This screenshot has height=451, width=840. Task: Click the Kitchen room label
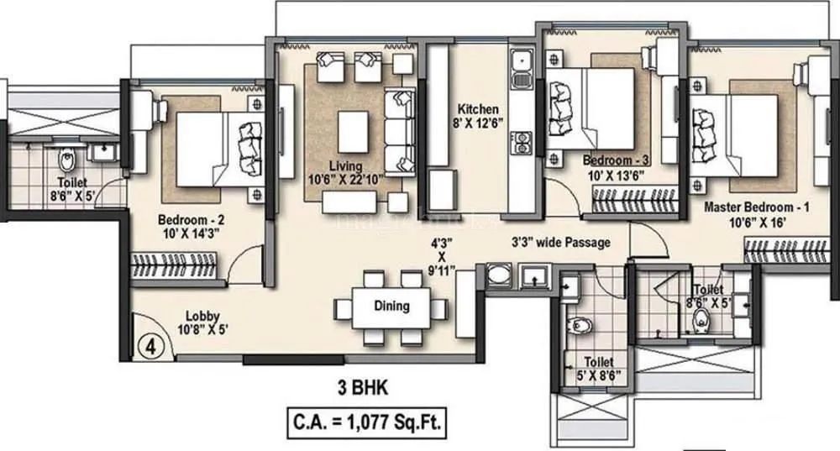click(478, 109)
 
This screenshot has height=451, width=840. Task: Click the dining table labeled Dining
click(391, 307)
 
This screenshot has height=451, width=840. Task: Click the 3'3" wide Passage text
click(561, 243)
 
